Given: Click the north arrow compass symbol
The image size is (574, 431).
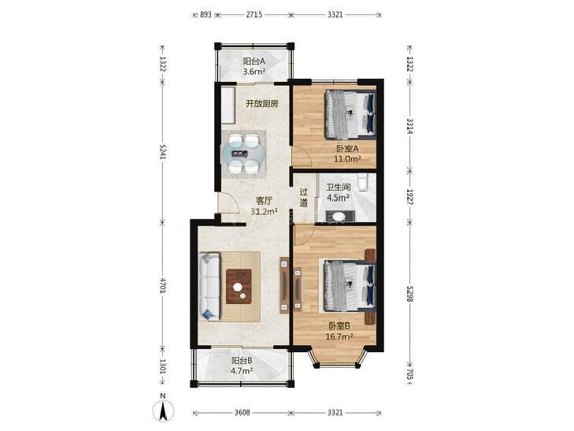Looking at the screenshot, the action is pos(163,411).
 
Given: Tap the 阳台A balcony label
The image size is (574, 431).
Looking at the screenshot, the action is pos(254,61).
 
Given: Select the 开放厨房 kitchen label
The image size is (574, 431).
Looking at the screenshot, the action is pos(261,104).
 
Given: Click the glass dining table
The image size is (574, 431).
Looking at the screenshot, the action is pos(243,154).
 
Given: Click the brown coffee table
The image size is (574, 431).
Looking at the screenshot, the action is pos(239,286).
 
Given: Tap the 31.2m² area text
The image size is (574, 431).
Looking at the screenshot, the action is pos(264,211).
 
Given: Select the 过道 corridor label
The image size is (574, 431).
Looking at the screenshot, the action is pos(304,198).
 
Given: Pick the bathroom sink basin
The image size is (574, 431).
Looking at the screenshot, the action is pos(339,216).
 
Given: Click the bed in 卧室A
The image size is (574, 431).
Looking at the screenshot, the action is pos(350,114).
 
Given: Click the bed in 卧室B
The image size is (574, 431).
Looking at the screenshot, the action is pos(350,285).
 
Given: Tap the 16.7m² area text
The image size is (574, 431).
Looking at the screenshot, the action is pos(339,336).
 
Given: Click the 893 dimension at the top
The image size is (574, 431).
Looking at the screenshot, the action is pos(206,15).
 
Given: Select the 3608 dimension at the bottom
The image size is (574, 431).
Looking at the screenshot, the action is pos(242,413).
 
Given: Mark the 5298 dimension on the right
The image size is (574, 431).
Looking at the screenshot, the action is pos(410,294).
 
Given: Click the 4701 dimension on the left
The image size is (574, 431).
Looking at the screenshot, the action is pos(163,285).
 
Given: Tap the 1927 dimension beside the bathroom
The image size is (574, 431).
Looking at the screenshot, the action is pos(410,197).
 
